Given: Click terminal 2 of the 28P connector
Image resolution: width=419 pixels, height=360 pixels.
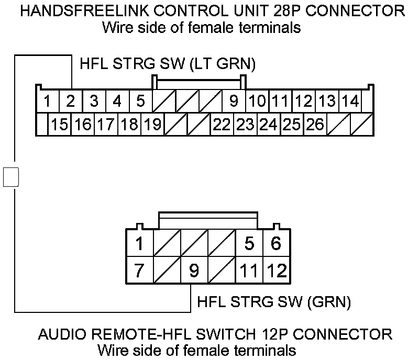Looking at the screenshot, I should click(71, 100).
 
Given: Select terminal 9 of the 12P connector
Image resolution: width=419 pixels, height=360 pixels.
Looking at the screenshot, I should click(194, 271).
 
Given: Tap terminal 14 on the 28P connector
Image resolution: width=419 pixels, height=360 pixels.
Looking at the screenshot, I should click(350, 100).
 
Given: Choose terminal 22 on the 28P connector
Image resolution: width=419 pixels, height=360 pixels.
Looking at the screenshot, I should click(222, 125).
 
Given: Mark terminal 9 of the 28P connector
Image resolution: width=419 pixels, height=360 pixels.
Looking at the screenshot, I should click(234, 100).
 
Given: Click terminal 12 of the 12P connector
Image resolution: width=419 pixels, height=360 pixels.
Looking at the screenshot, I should click(277, 271).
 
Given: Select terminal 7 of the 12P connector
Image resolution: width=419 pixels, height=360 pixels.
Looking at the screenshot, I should click(139, 271).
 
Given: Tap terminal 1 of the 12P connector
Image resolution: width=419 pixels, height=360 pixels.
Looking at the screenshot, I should click(139, 243).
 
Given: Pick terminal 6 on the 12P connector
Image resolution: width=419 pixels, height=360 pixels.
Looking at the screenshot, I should click(277, 243).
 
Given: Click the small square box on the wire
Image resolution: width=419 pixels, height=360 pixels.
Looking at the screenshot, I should click(11, 176).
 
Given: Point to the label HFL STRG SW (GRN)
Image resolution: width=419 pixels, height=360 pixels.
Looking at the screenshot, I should click(273, 302).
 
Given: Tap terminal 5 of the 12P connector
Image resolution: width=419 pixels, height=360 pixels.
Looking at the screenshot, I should click(249, 243).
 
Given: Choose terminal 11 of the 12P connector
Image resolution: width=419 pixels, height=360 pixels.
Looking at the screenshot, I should click(249, 271).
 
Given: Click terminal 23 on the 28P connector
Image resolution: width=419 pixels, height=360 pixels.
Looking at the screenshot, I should click(245, 125).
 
